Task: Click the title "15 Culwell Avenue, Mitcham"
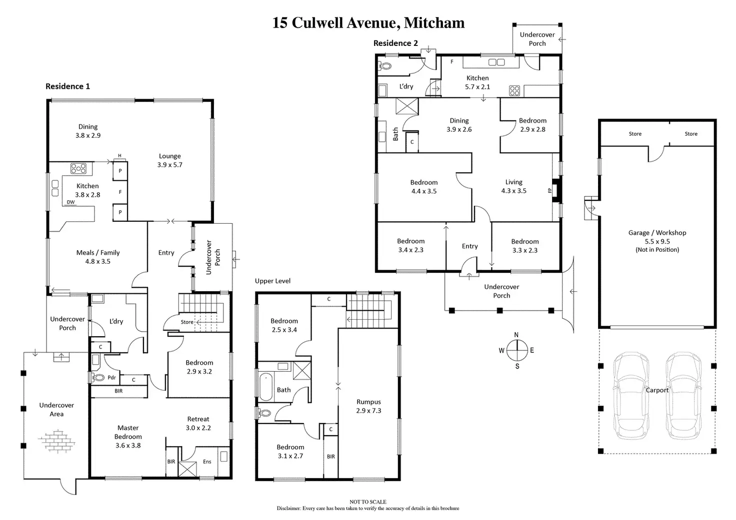[x=368, y=22]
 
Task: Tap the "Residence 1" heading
[x=67, y=86]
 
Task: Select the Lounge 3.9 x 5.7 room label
[x=169, y=160]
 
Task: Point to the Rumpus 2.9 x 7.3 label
[x=368, y=406]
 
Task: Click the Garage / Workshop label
[x=657, y=233]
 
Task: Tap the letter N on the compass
[x=516, y=335]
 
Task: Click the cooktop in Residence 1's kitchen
[x=78, y=168]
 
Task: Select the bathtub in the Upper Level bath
[x=266, y=387]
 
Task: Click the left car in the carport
[x=631, y=396]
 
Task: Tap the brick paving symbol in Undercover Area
[x=56, y=442]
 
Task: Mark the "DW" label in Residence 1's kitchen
[x=70, y=202]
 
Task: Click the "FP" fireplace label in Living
[x=549, y=190]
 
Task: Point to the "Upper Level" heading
[x=272, y=281]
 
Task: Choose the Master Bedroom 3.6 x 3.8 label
[x=128, y=437]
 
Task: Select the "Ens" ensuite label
[x=207, y=462]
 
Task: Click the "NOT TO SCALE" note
[x=368, y=502]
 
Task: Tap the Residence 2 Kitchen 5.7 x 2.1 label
[x=477, y=82]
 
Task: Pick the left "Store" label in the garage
[x=635, y=134]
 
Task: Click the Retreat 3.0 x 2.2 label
[x=198, y=424]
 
